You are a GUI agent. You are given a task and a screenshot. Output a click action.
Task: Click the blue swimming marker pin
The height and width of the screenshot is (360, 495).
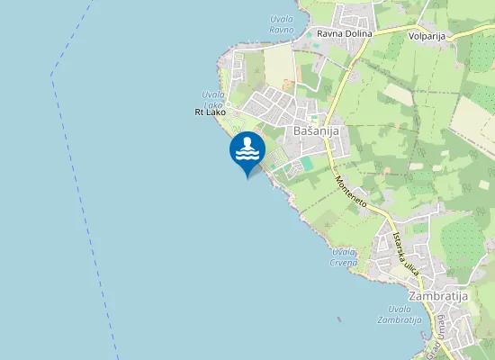(x=247, y=151)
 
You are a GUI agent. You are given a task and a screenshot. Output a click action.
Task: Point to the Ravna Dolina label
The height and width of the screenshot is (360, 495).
(x=345, y=34)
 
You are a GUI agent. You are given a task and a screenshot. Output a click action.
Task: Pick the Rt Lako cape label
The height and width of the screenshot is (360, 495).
(x=211, y=112)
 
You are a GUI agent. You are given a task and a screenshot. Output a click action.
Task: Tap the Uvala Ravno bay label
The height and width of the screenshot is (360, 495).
(x=282, y=24)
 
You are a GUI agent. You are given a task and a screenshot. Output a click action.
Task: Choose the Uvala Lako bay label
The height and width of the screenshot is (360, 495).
(x=213, y=100)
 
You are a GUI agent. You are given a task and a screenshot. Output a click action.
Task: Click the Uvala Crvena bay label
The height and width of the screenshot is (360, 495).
(x=344, y=256)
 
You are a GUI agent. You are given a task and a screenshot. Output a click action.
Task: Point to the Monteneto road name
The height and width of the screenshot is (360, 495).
(x=351, y=192)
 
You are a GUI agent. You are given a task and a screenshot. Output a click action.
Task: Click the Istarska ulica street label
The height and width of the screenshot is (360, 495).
(x=406, y=253)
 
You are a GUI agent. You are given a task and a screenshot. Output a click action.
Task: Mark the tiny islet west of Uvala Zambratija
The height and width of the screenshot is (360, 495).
(x=337, y=319)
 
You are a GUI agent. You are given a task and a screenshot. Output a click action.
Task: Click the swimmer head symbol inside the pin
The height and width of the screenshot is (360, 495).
(x=247, y=142)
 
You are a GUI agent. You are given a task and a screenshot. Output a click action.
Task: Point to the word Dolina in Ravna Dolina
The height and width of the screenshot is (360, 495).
(x=358, y=34)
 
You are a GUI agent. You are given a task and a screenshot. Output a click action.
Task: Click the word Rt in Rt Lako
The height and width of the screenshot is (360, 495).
(x=199, y=112)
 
